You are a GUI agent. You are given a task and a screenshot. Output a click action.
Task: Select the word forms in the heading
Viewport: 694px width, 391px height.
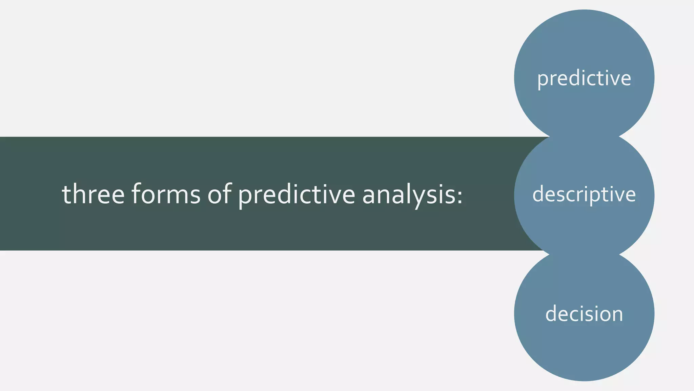166,194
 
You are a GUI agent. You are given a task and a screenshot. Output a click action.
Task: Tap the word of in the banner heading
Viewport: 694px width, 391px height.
219,194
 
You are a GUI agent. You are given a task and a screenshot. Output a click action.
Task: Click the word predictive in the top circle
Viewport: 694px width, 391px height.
584,78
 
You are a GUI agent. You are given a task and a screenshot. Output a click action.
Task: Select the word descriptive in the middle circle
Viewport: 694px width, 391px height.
584,194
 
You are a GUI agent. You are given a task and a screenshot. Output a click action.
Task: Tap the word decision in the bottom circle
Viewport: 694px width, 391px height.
584,314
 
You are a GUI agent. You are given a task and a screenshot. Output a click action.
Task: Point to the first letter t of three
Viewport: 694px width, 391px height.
66,194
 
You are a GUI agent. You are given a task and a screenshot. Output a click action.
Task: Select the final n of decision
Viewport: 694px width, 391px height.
617,315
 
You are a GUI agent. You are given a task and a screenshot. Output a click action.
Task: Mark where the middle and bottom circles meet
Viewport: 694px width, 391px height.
584,254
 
